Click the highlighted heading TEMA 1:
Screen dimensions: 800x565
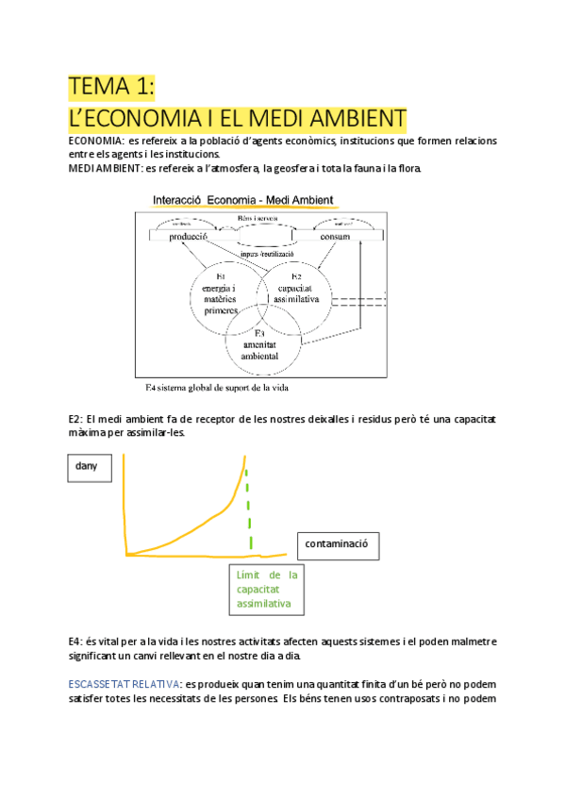111,87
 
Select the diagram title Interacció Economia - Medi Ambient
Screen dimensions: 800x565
248,199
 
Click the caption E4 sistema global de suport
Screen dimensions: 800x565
216,388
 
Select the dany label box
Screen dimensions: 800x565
88,465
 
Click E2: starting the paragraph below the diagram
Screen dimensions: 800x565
76,418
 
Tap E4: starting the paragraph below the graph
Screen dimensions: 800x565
76,641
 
